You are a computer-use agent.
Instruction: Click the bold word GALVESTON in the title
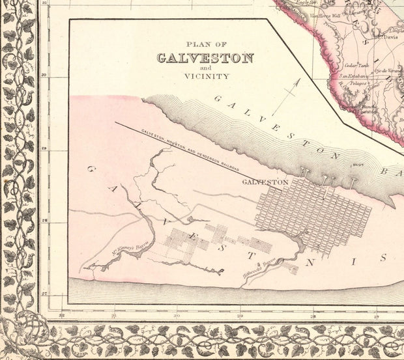[x=205, y=58]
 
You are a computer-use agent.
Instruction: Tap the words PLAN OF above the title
[x=205, y=44]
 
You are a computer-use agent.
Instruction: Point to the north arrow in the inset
[x=286, y=97]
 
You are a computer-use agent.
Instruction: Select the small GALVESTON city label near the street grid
[x=265, y=182]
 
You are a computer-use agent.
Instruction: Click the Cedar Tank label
[x=354, y=65]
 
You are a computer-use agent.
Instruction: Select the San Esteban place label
[x=352, y=76]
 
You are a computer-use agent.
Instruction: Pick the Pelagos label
[x=356, y=84]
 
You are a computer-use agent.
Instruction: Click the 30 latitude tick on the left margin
[x=44, y=76]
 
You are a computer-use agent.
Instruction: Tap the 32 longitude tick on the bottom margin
[x=61, y=316]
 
